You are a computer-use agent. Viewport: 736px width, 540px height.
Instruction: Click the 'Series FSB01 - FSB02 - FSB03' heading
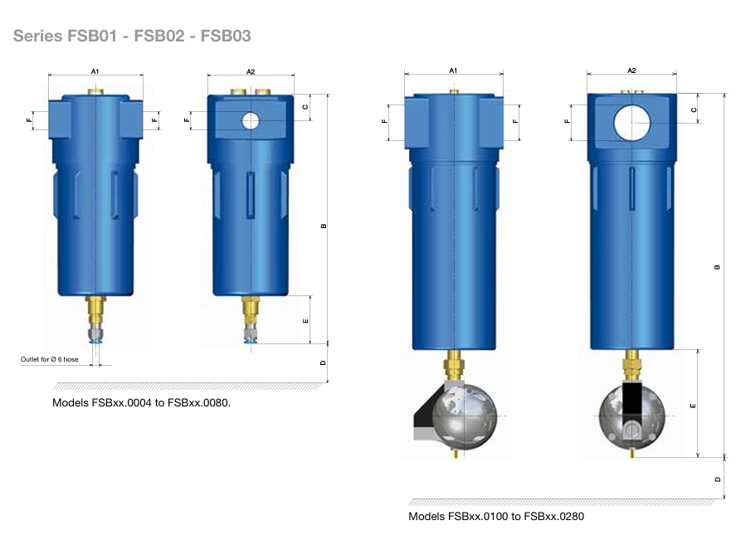tap(132, 36)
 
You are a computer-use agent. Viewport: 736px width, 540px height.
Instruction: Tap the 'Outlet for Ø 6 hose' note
tap(49, 359)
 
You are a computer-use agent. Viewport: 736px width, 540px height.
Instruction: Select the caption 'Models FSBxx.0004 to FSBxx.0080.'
tap(141, 402)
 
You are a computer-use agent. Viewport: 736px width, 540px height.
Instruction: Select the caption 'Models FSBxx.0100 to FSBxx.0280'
tap(496, 516)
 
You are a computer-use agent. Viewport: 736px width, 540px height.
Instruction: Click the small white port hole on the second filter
tap(251, 120)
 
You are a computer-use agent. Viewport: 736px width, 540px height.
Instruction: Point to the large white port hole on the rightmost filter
tap(631, 123)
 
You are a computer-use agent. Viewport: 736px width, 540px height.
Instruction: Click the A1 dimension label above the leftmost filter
tap(95, 71)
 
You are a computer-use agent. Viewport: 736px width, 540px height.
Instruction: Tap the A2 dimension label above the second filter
tap(251, 71)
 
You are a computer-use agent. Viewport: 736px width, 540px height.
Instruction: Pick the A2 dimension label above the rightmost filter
tap(631, 71)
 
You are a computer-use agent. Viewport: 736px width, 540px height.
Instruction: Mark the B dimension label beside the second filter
tap(324, 226)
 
